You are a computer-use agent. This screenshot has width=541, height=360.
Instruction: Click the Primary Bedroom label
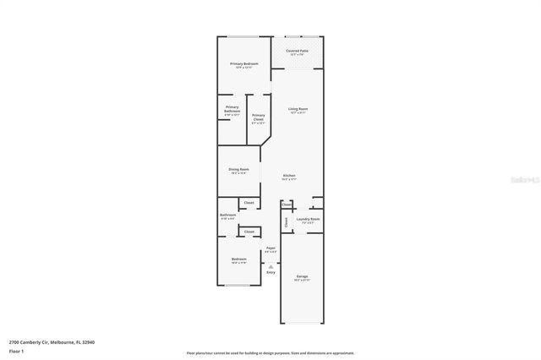click(x=244, y=63)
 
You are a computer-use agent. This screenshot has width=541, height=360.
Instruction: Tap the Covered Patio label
click(x=297, y=51)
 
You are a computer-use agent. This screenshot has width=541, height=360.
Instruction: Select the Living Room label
click(x=298, y=109)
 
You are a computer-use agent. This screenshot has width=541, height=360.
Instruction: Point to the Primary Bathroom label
click(x=232, y=108)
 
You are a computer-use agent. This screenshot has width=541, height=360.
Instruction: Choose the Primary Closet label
click(x=258, y=117)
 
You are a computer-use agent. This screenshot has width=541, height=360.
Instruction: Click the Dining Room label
click(x=238, y=169)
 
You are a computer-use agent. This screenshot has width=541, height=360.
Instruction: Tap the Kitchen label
click(x=289, y=176)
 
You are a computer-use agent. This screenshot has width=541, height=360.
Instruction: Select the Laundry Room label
click(x=308, y=219)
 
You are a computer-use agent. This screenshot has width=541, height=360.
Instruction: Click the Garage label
click(x=302, y=276)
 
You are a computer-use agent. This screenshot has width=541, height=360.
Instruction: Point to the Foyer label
click(x=270, y=248)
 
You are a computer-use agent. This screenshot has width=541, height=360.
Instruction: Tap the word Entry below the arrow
click(x=270, y=272)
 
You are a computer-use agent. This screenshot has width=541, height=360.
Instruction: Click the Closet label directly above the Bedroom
click(x=249, y=231)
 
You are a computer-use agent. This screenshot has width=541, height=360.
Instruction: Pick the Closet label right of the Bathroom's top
click(x=249, y=203)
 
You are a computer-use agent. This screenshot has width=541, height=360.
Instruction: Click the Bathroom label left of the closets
click(x=227, y=215)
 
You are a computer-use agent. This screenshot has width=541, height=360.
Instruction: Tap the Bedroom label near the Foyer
click(x=239, y=259)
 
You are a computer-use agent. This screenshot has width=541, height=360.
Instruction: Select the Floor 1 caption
click(x=16, y=351)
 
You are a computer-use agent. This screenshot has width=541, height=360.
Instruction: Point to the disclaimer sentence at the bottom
click(x=270, y=353)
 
